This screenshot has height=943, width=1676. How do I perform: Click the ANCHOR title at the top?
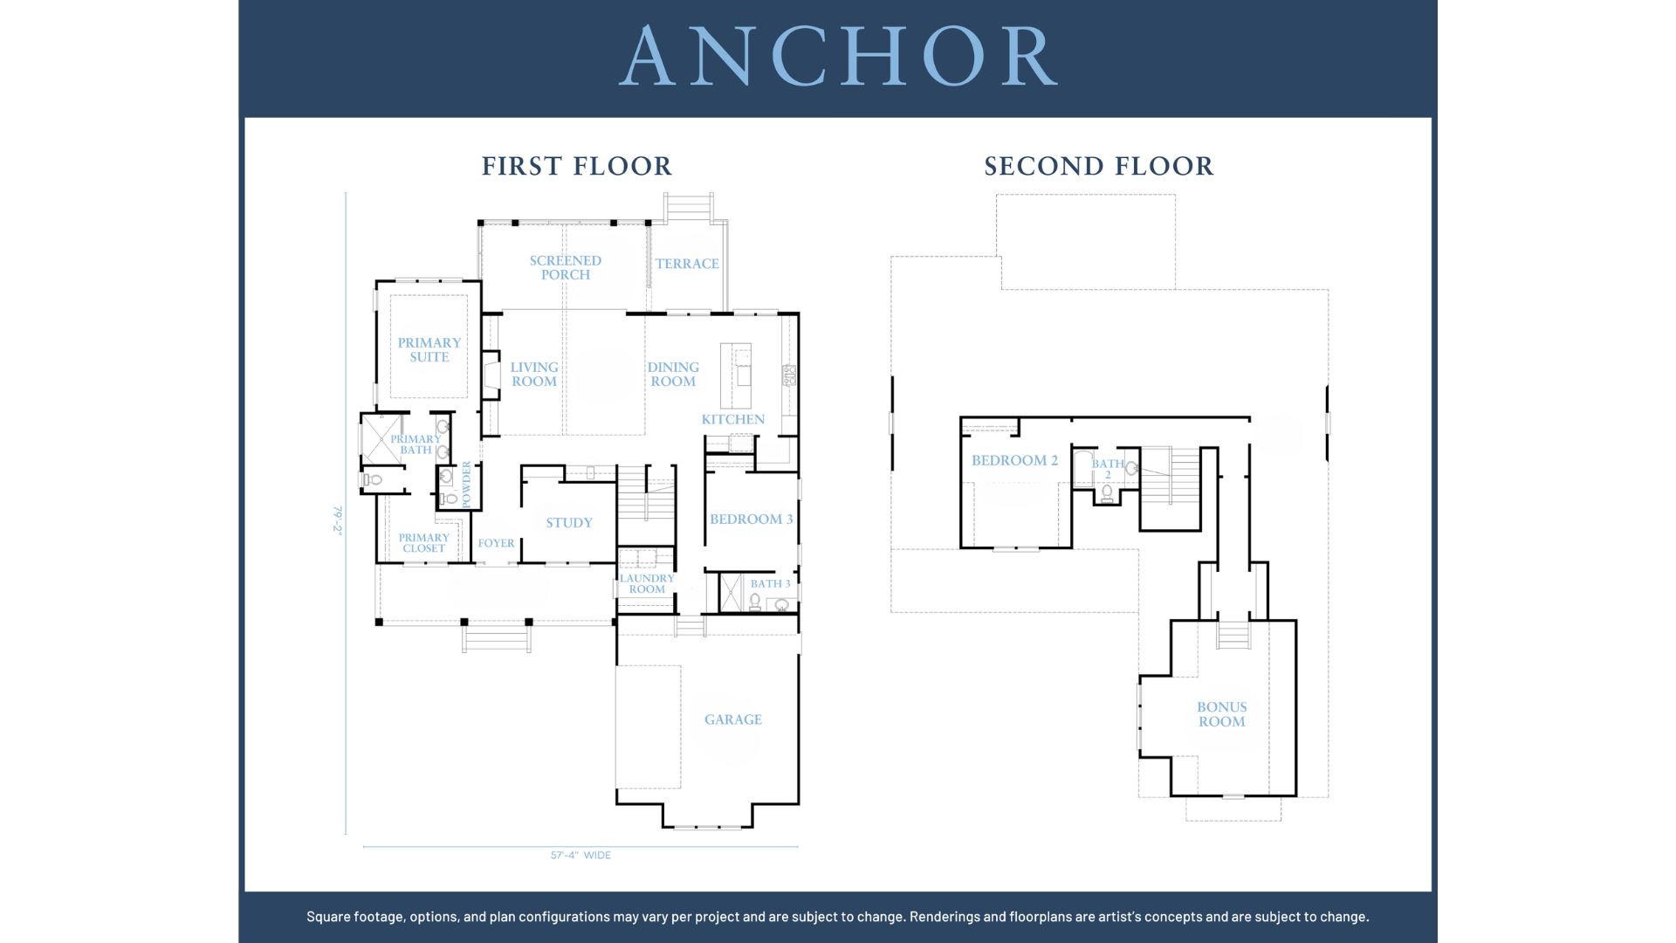(839, 56)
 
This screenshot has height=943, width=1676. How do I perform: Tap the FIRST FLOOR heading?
(577, 166)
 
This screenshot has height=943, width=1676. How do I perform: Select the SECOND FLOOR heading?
(1099, 166)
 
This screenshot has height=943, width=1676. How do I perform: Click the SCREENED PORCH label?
(566, 267)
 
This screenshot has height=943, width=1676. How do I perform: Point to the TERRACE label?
(688, 264)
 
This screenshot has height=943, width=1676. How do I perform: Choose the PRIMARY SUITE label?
(429, 350)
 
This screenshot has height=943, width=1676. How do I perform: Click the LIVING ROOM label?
(534, 375)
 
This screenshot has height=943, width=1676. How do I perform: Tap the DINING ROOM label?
(673, 375)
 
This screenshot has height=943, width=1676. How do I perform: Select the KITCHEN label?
(733, 419)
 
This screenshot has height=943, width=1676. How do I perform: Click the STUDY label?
(569, 523)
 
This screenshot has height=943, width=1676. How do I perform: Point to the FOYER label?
(496, 543)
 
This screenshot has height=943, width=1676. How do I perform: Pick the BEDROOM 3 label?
(752, 520)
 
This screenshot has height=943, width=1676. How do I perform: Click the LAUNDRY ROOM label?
(647, 584)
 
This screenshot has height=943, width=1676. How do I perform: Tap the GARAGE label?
(733, 719)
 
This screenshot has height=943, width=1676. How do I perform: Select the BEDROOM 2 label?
(1014, 460)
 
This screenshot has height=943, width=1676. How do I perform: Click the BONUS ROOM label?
(1222, 714)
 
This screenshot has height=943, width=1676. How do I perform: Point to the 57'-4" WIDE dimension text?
(580, 856)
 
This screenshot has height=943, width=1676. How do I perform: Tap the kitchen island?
(736, 375)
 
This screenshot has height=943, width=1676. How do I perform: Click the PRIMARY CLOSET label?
(424, 543)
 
